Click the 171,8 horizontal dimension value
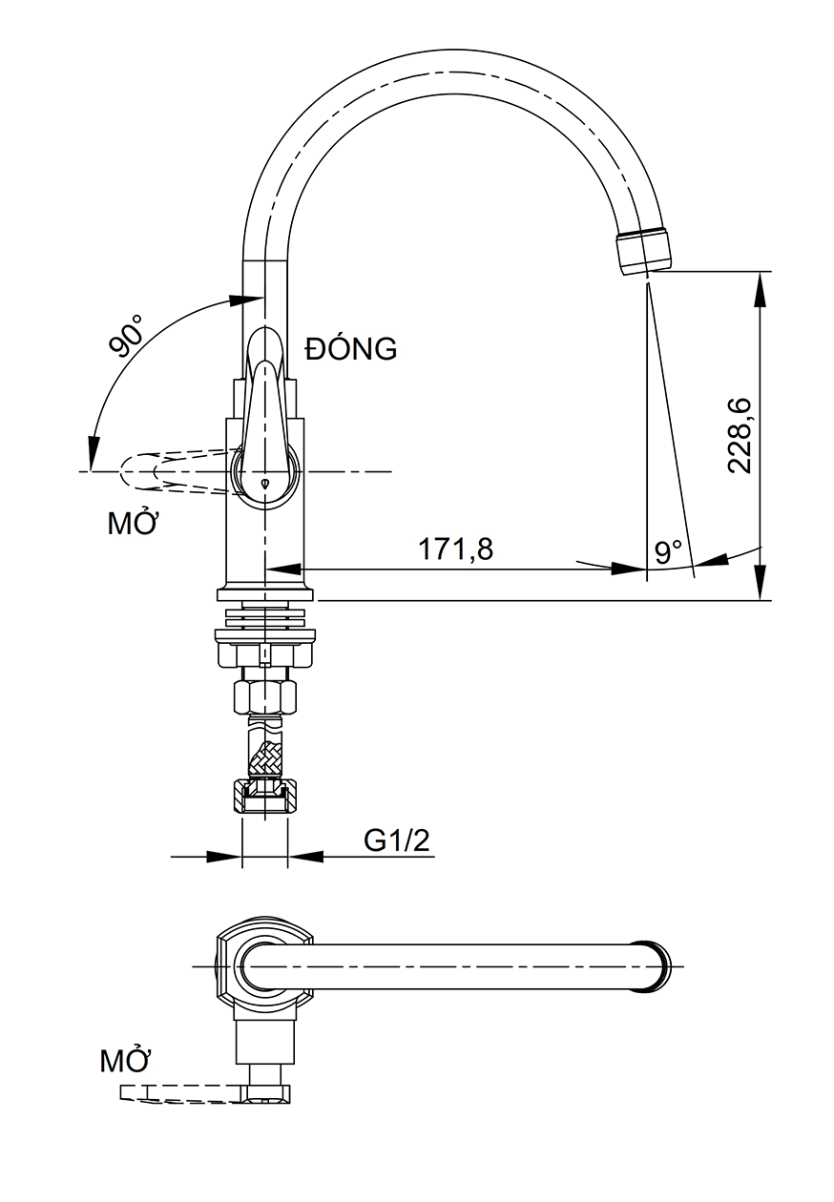tap(455, 549)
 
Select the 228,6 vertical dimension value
tap(740, 435)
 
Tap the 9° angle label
tap(669, 551)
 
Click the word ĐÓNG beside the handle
tap(350, 349)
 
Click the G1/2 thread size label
tap(398, 840)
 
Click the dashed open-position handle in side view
tap(172, 471)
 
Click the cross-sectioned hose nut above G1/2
tap(265, 796)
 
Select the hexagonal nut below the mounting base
tap(265, 695)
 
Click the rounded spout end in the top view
tap(659, 966)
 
